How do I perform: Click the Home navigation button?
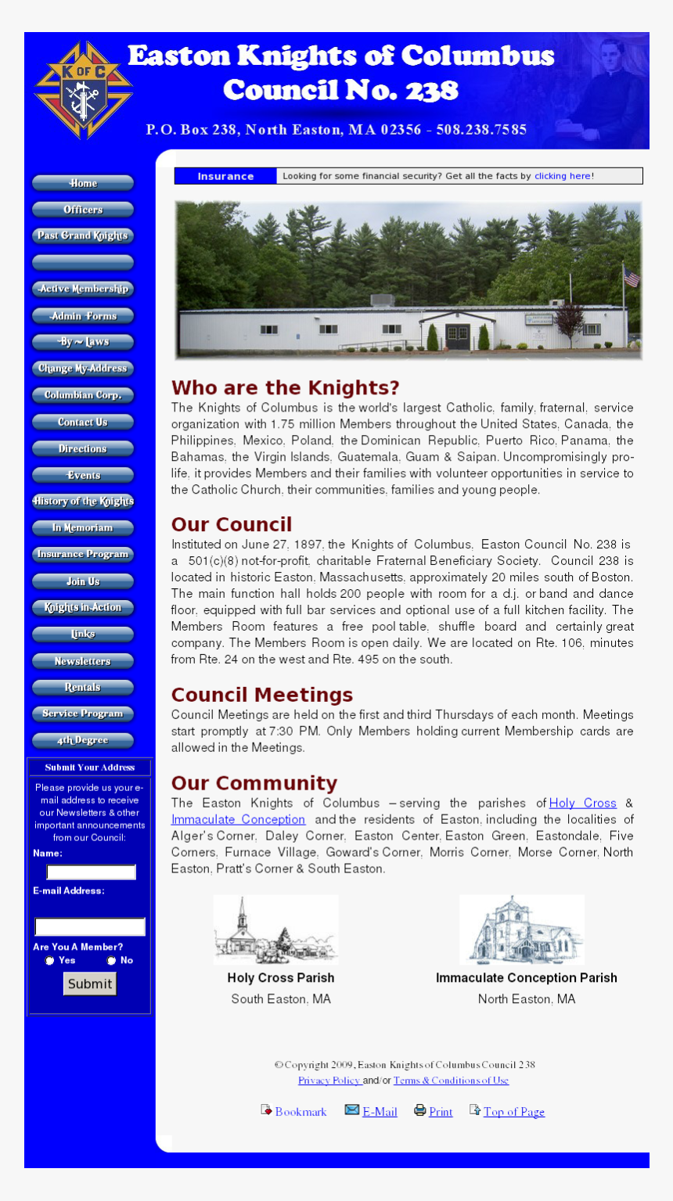83,183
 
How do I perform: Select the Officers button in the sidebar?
83,210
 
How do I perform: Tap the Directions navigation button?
83,449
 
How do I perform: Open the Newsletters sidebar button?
83,661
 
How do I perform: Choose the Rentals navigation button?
83,688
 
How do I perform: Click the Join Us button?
83,581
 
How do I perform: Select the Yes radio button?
50,961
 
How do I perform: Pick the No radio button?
111,961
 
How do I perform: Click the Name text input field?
91,872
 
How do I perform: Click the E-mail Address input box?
90,927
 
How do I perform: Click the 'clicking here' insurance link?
562,176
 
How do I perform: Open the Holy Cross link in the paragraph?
582,803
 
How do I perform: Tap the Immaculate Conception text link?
238,819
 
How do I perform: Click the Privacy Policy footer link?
329,1081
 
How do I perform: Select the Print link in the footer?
441,1112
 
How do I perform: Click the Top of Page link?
513,1112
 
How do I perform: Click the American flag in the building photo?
631,277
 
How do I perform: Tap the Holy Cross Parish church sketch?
275,930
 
